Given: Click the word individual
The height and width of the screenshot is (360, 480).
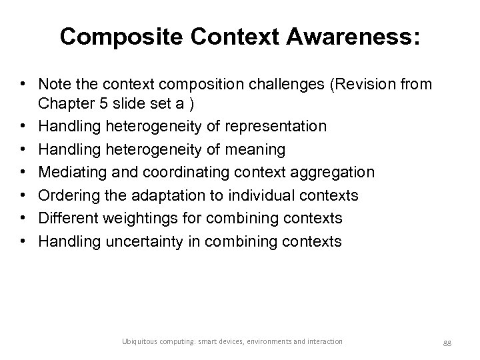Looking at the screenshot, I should coord(255,195).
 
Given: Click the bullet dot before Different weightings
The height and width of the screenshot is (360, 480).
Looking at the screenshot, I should coord(23,218).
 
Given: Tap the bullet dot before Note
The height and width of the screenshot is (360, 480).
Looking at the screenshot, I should coord(23,85).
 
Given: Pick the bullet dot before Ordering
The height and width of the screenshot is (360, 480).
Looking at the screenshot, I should coord(23,195).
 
